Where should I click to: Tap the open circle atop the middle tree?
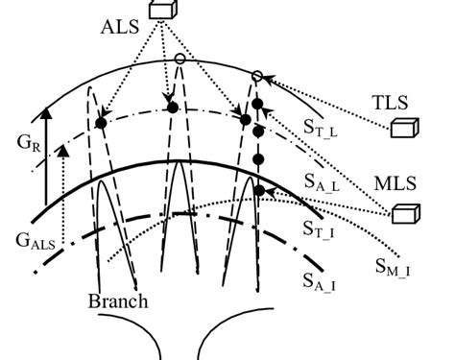(180, 60)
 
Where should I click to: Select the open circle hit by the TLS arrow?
(257, 76)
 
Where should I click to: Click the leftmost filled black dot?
(100, 124)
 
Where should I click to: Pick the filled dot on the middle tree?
(173, 108)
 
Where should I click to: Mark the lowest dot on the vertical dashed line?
(258, 190)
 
